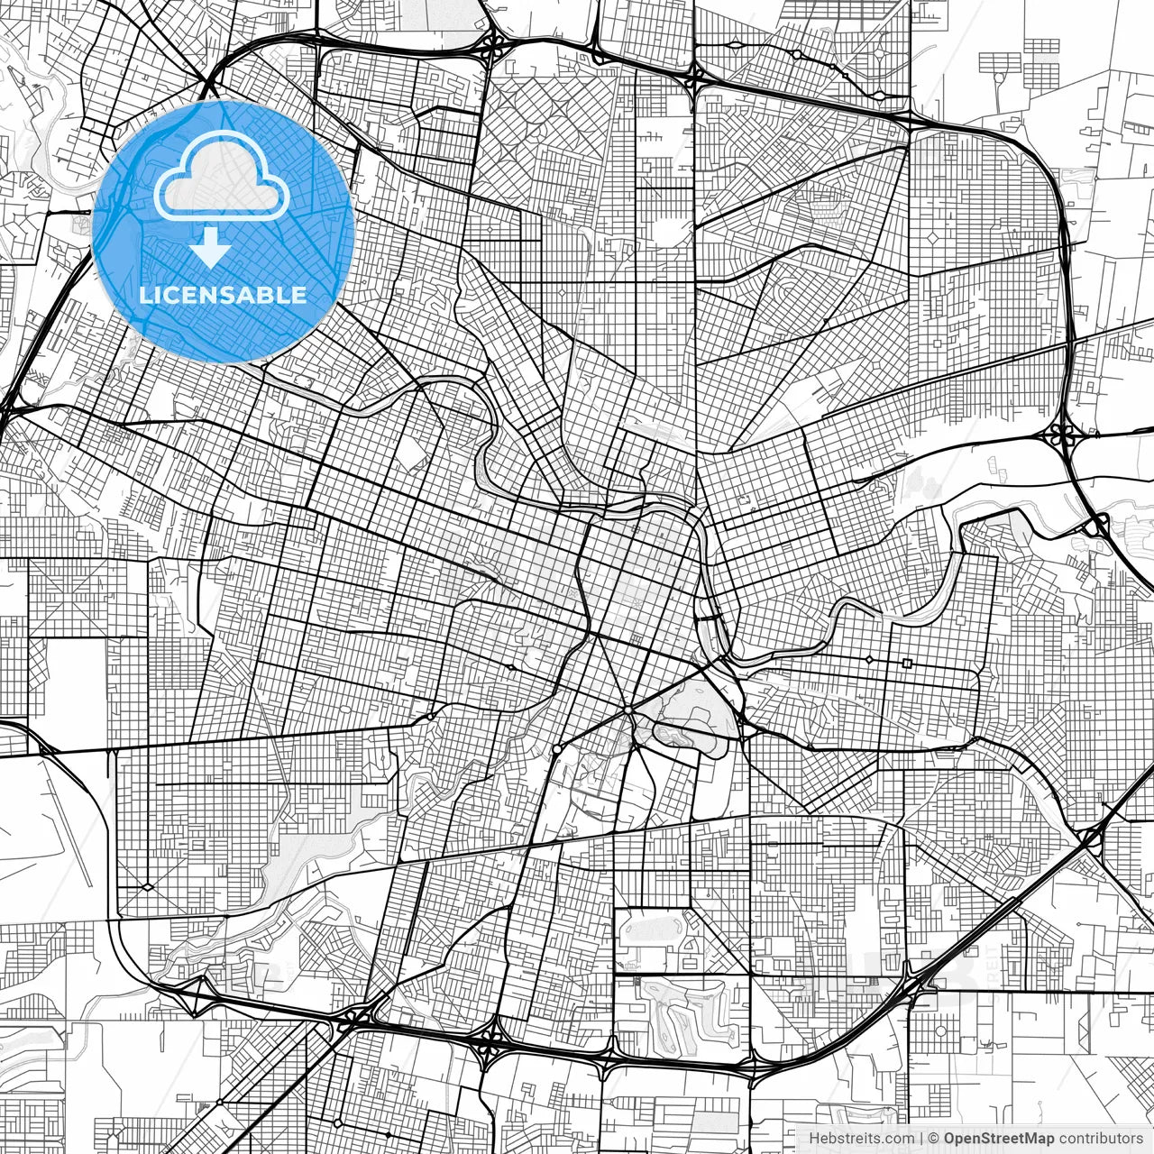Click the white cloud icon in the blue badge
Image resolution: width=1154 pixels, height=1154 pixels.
(x=222, y=177)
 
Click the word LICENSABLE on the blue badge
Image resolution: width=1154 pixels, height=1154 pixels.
(x=223, y=295)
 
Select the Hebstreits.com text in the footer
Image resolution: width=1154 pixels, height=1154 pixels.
(x=861, y=1139)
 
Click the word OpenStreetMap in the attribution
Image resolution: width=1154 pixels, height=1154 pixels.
(x=999, y=1139)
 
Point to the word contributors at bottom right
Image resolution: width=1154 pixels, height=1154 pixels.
(x=1101, y=1139)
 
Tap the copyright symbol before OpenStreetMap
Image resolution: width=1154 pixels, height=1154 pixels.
(x=934, y=1139)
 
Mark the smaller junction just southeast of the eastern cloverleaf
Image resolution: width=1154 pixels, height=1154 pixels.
(x=1099, y=524)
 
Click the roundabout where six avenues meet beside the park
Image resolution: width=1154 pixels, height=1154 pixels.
(x=628, y=710)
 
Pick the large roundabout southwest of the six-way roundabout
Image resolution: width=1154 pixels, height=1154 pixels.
(x=558, y=749)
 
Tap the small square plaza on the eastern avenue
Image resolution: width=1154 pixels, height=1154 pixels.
(x=907, y=664)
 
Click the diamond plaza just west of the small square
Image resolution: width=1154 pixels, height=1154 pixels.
(x=869, y=660)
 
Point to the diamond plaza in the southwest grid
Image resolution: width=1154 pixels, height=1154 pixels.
(x=147, y=887)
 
